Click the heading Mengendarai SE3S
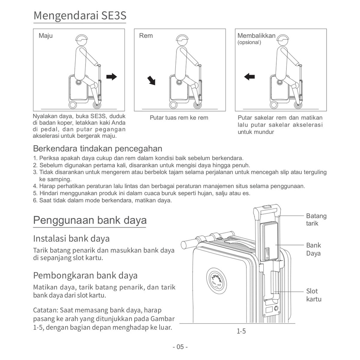(x=80, y=16)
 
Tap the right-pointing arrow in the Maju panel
(x=111, y=77)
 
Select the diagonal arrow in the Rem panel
(x=151, y=81)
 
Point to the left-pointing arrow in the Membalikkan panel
(x=249, y=76)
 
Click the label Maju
(x=46, y=36)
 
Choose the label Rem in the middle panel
(x=146, y=36)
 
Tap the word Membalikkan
(x=256, y=36)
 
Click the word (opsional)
(x=249, y=43)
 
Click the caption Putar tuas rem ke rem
(x=179, y=118)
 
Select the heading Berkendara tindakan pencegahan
(x=97, y=148)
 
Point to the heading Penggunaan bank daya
(x=90, y=220)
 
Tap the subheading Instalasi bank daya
(x=71, y=238)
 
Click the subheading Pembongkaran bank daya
(x=85, y=275)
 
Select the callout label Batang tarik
(x=316, y=219)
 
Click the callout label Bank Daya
(x=313, y=249)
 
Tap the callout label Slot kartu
(x=314, y=295)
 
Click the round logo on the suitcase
(x=216, y=280)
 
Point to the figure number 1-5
(x=241, y=331)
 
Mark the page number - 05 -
(x=180, y=347)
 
